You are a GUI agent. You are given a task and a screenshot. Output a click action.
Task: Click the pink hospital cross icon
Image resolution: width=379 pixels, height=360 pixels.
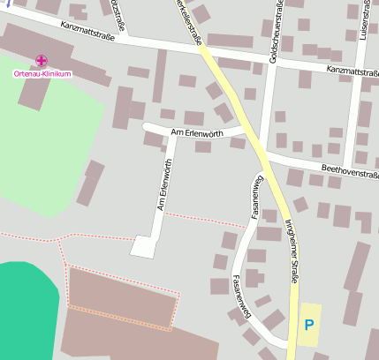(x=42, y=61)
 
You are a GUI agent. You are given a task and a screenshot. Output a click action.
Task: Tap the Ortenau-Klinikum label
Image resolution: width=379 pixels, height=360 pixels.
(x=42, y=74)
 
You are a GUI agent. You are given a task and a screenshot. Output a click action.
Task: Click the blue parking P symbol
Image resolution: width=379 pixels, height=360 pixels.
(x=308, y=325)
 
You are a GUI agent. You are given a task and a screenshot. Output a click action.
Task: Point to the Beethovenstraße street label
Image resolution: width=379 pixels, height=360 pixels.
(x=350, y=172)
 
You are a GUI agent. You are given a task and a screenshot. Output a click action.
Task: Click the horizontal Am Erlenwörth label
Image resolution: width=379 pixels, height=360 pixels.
(x=194, y=131)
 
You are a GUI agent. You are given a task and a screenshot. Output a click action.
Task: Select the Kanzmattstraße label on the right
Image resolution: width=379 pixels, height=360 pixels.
(x=352, y=69)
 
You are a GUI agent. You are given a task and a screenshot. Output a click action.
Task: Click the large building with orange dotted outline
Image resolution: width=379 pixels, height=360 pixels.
(x=124, y=296)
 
